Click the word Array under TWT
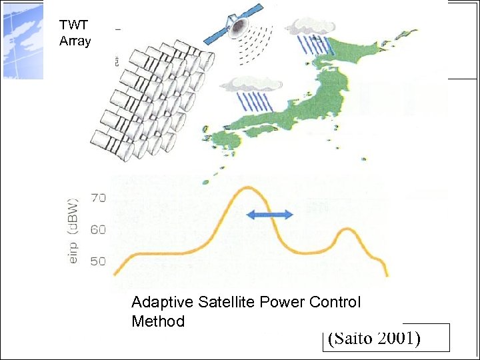(73, 39)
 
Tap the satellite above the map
(237, 25)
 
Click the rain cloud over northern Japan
(308, 28)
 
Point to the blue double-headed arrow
(269, 214)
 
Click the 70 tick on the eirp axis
(98, 197)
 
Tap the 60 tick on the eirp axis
(98, 230)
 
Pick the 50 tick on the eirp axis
(98, 261)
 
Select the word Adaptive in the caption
(163, 303)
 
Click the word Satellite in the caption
(225, 302)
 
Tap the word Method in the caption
(158, 321)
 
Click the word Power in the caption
(281, 302)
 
